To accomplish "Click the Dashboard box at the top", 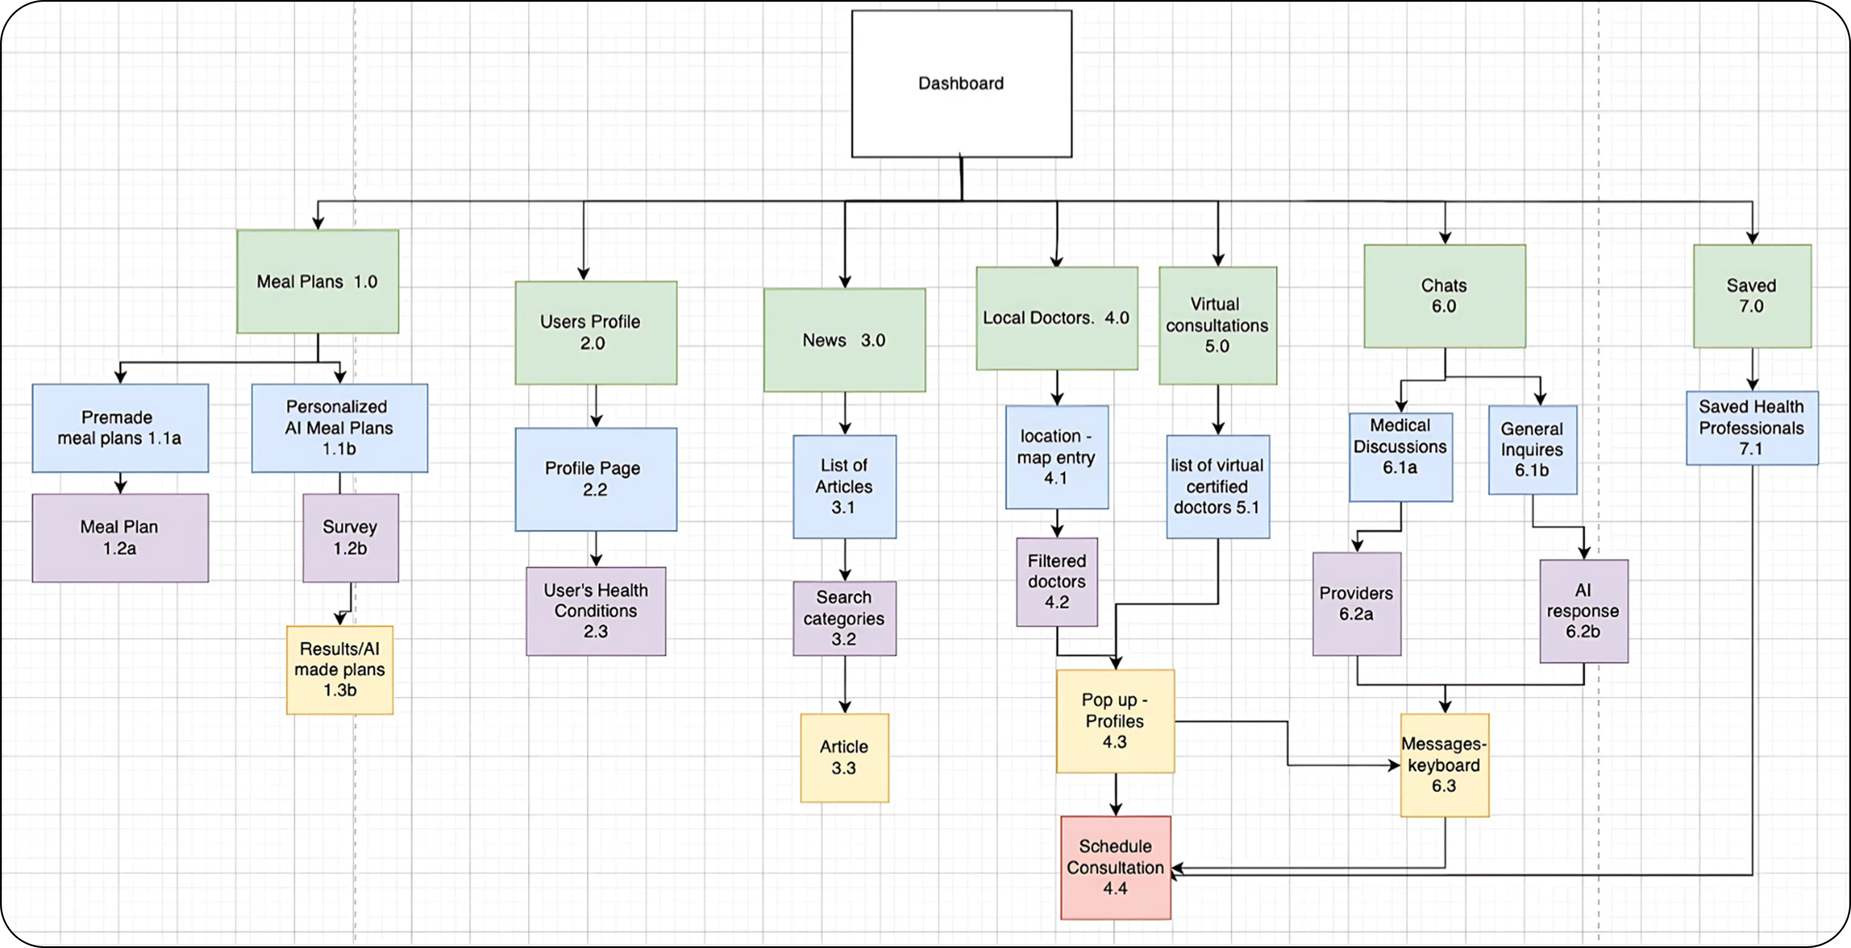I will click(961, 83).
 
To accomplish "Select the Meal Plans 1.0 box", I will click(318, 282).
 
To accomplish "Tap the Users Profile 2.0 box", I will click(596, 333).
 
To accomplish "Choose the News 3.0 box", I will click(844, 340).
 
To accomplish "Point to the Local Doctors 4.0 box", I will click(1056, 318).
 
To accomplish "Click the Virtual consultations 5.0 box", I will click(1217, 326).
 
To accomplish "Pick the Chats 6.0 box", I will click(1444, 296).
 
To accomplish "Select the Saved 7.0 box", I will click(1752, 296).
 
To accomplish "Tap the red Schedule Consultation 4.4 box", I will click(1115, 867).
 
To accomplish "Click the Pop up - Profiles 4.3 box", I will click(1115, 721).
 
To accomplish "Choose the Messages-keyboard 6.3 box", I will click(1444, 765).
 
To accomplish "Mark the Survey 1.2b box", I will click(351, 538).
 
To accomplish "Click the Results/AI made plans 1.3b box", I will click(340, 670).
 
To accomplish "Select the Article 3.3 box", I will click(844, 758).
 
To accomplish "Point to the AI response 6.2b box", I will click(1584, 611).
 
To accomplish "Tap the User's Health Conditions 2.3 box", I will click(596, 611).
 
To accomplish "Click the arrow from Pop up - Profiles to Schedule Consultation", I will click(1115, 794).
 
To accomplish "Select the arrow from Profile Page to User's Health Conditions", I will click(596, 549).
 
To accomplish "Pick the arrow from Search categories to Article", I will click(844, 684).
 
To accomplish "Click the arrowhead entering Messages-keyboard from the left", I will click(1394, 766).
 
